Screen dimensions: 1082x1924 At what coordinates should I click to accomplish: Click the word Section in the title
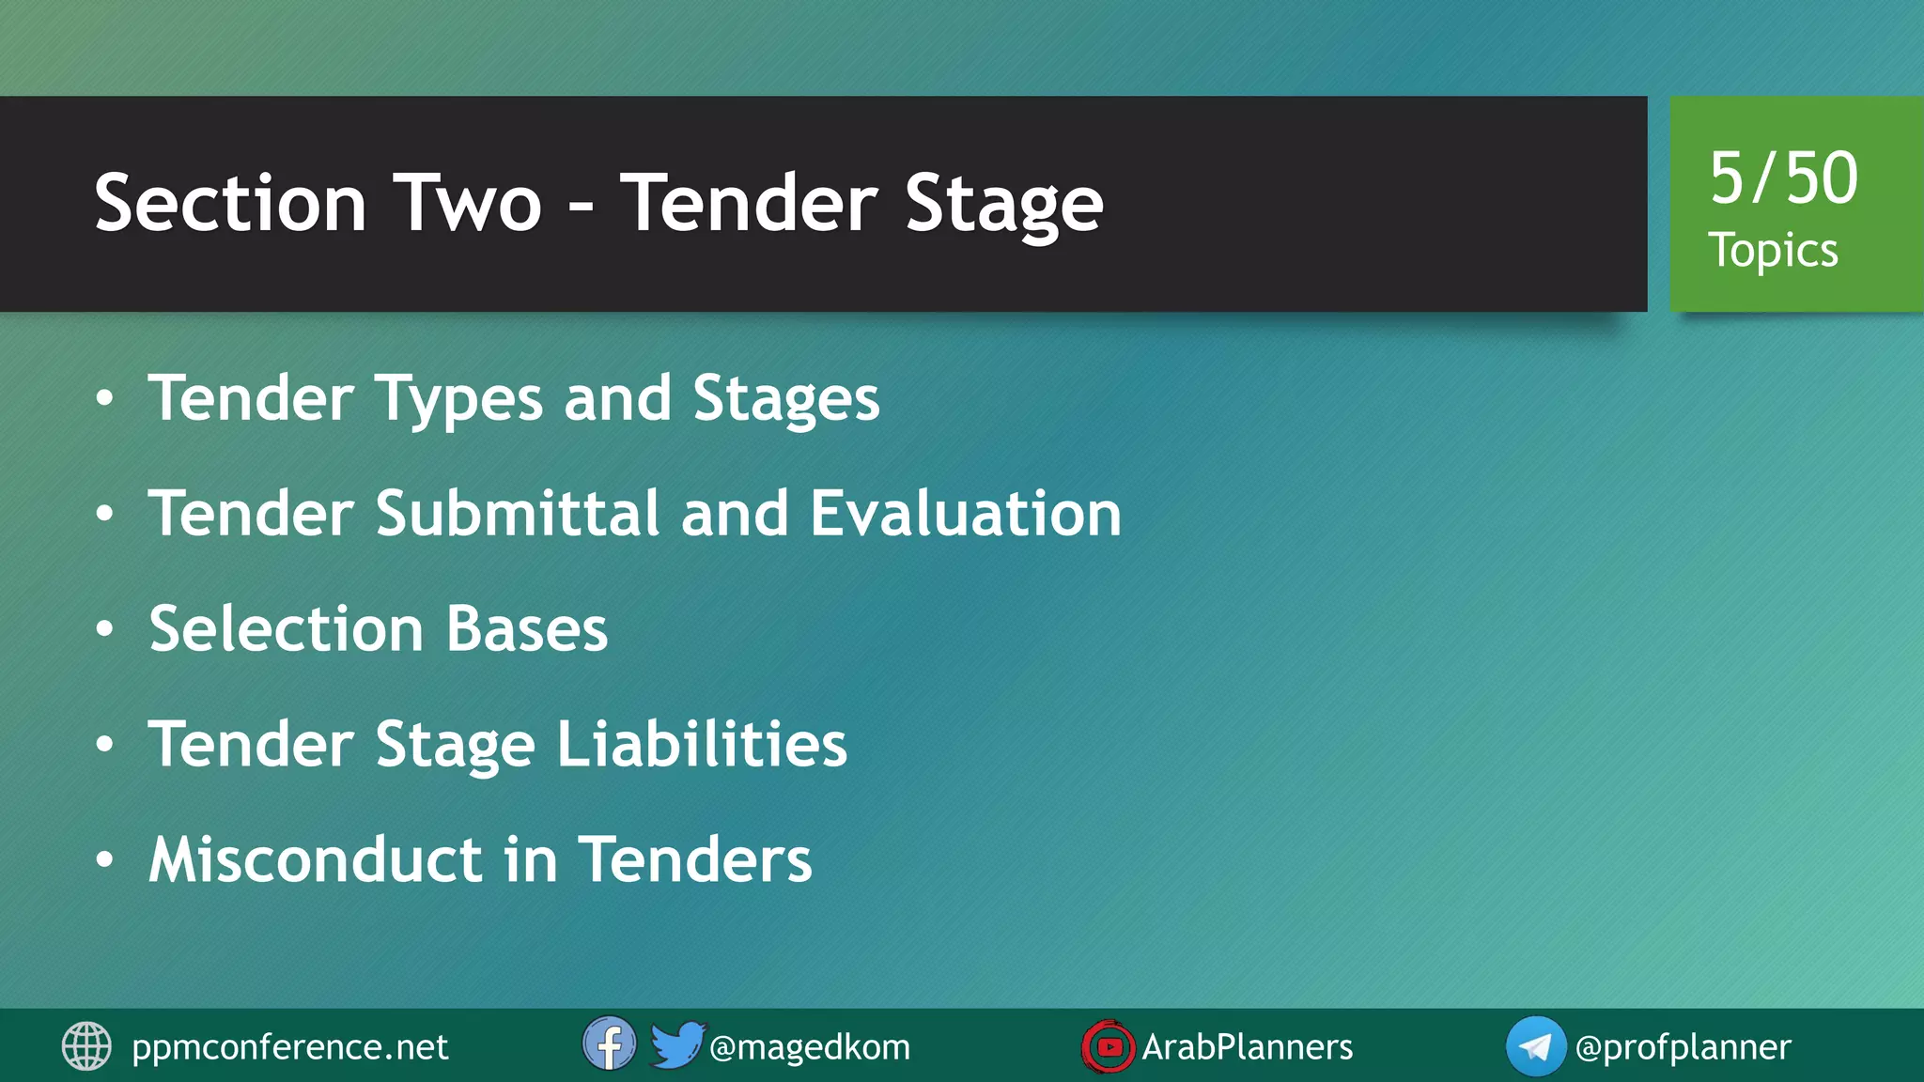(x=230, y=204)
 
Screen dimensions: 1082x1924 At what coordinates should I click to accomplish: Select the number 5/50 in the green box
(x=1783, y=178)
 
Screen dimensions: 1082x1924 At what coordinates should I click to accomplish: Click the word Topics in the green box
(x=1773, y=251)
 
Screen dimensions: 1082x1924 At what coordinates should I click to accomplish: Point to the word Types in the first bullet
(x=459, y=399)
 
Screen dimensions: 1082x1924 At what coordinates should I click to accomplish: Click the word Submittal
(x=518, y=514)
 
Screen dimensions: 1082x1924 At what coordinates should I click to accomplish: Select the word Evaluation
(x=966, y=514)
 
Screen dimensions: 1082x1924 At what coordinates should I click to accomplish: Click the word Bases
(x=527, y=628)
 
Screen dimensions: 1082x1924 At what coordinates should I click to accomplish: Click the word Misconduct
(x=316, y=859)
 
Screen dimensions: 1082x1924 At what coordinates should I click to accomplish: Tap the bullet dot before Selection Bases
(x=105, y=629)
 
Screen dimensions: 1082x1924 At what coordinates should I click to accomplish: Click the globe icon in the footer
(x=86, y=1046)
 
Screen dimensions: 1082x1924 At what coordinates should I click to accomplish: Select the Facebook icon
(x=609, y=1044)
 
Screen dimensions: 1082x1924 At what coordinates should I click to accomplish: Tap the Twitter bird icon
(x=676, y=1044)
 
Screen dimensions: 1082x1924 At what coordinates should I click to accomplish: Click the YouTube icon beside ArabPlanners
(x=1109, y=1046)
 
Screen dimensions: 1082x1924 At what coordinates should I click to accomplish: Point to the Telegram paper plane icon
(x=1535, y=1046)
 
